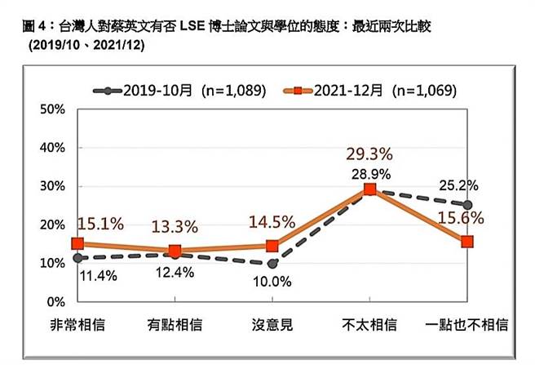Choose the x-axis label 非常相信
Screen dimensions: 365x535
tap(77, 326)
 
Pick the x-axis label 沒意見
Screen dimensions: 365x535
tap(271, 326)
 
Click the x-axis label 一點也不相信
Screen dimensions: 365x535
tap(466, 326)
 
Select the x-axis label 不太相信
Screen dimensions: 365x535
tap(369, 326)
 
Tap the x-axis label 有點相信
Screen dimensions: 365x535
tap(174, 326)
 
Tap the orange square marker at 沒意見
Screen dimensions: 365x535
tap(272, 246)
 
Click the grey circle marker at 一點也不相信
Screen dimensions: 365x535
tap(466, 205)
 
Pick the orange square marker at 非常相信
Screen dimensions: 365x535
tap(77, 243)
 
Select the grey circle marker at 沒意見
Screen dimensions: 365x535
tap(272, 264)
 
